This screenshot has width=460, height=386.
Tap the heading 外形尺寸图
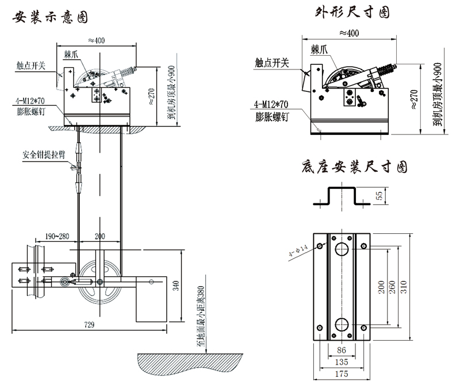352,11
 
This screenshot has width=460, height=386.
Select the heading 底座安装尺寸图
354,167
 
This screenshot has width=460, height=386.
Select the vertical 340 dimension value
177,285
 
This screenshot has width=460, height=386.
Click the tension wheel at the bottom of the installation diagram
98,281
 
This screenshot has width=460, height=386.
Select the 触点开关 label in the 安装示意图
32,65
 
